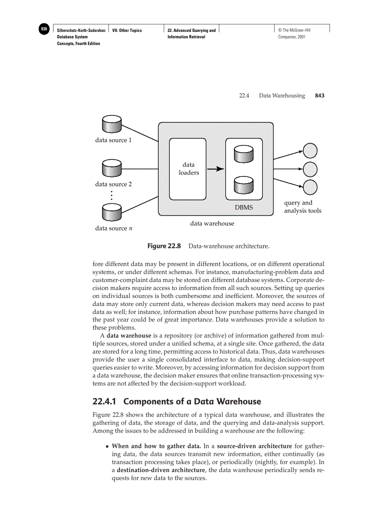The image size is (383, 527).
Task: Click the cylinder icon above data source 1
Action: pos(111,125)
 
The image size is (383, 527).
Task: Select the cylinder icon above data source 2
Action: pos(111,168)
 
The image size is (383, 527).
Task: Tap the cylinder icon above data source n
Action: pos(111,212)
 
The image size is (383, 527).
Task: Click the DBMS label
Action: pos(244,207)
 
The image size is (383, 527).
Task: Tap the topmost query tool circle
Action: pos(310,151)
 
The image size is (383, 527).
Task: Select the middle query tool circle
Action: pos(310,168)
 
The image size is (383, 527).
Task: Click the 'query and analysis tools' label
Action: pos(302,207)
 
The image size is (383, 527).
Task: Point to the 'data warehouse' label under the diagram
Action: pos(212,224)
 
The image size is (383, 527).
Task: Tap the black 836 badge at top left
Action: pos(44,29)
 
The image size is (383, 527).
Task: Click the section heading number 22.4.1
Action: pos(106,402)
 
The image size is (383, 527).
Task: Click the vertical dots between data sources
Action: pos(111,195)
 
